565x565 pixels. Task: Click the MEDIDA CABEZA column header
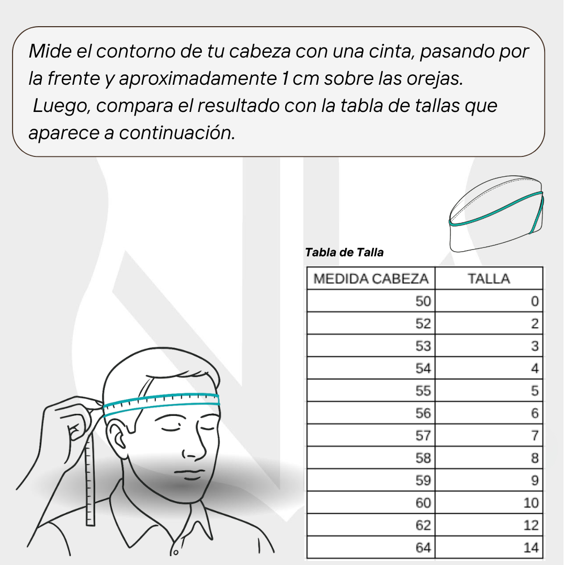371,278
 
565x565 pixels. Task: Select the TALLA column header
489,278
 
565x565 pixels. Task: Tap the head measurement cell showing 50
371,301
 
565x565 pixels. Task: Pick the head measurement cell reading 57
371,435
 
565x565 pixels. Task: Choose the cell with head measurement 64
371,547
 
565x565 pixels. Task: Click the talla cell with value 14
489,547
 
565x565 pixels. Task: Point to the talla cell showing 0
489,301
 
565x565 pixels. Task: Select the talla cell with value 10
489,503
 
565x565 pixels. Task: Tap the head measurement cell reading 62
371,525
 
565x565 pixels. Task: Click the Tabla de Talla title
344,252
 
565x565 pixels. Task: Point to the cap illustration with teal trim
496,213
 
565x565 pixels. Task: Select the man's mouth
189,472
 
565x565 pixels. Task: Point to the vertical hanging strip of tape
90,479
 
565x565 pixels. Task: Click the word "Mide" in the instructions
50,51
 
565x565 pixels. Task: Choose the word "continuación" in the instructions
177,132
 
